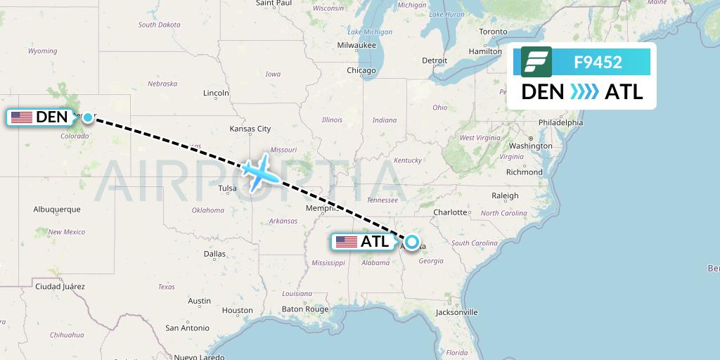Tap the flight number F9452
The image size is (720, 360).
pos(598,62)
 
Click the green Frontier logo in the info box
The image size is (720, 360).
pos(536,62)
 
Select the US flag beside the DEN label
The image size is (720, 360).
pos(22,117)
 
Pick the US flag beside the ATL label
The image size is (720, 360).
pos(347,242)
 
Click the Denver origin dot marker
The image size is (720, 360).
pos(87,117)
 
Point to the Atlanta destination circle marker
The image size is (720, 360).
pos(412,242)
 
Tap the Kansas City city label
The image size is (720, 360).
pos(250,129)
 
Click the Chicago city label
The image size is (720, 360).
pos(361,70)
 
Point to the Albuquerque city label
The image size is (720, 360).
pos(57,210)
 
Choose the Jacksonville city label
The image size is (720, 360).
pos(456,312)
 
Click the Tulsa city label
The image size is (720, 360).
pos(228,188)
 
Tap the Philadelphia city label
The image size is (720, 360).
pos(560,122)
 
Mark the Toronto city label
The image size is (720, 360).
pos(493,32)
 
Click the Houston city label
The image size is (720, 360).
pos(237,310)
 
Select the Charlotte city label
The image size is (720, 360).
pos(451,212)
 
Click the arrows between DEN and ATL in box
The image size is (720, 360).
pos(584,92)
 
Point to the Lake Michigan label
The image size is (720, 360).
pos(370,32)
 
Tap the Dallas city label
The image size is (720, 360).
pos(214,254)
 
